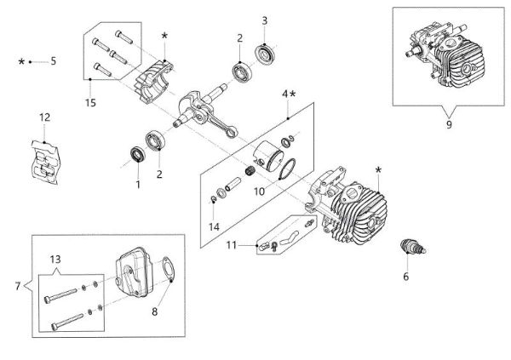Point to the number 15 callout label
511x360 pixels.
click(91, 104)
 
